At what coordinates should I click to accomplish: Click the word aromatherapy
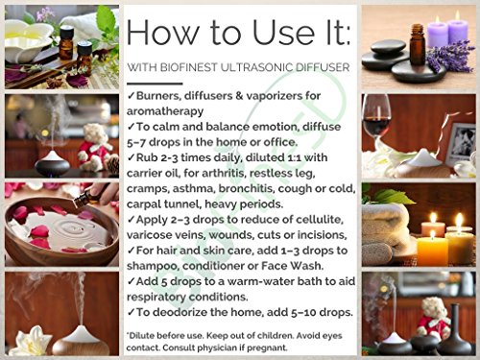pyautogui.click(x=165, y=111)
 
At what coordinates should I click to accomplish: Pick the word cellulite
pyautogui.click(x=320, y=220)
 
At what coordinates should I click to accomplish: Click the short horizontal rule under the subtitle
pyautogui.click(x=155, y=84)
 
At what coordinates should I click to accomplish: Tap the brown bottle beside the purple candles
pyautogui.click(x=418, y=44)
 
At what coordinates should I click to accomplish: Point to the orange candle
pyautogui.click(x=433, y=249)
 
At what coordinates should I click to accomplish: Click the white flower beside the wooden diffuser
pyautogui.click(x=32, y=341)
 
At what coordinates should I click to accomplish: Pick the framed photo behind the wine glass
pyautogui.click(x=461, y=140)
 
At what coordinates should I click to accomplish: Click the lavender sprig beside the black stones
pyautogui.click(x=451, y=57)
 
